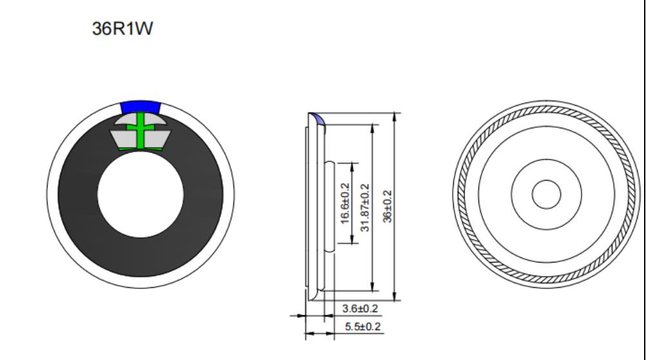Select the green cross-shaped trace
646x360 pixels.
pos(141,128)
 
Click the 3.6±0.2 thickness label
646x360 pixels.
pos(360,309)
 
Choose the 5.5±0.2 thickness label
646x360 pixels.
pos(360,327)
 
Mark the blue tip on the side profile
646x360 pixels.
pos(317,116)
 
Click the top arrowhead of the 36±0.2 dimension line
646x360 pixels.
pos(395,115)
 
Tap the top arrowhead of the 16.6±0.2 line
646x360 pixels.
pos(351,165)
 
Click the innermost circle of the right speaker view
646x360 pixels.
pos(545,194)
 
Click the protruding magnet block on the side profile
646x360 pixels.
pos(329,204)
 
